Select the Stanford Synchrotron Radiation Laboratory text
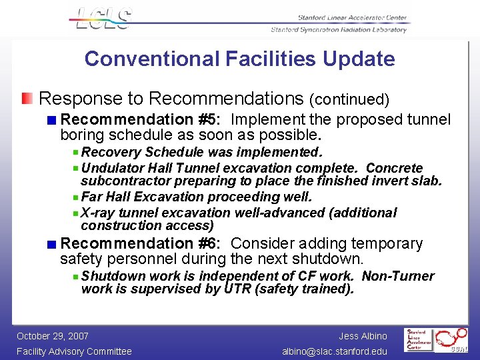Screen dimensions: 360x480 coord(338,30)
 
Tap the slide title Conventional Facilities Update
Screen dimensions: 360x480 coord(239,59)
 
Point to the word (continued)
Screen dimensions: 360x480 coord(349,100)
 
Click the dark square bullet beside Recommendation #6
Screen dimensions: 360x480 coord(51,245)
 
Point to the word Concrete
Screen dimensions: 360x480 coord(395,168)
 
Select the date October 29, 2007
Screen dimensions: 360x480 coord(53,336)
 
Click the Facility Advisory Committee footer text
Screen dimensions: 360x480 coord(74,351)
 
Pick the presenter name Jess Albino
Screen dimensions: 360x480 coord(363,336)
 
